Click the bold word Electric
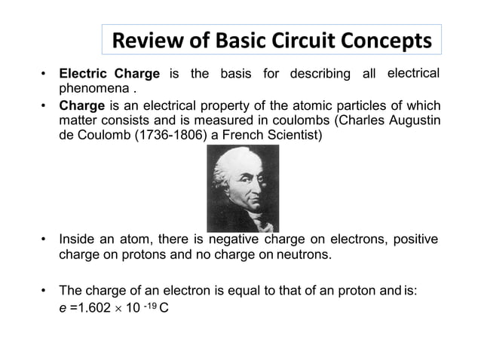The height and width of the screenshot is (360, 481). pos(84,75)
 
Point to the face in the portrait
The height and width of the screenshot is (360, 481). pos(244,181)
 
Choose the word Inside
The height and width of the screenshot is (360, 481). pos(78,240)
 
